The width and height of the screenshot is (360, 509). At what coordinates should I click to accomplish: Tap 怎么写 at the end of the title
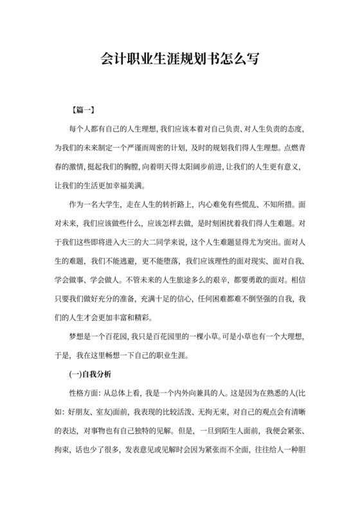(241, 59)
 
